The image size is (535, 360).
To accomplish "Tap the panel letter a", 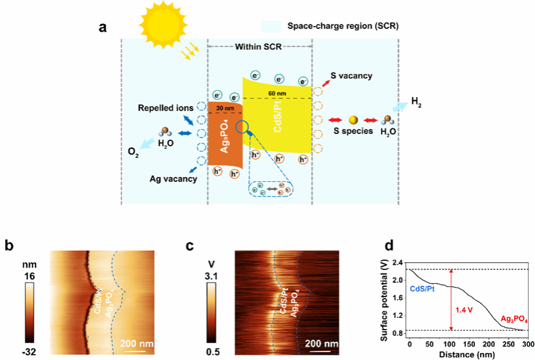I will pyautogui.click(x=102, y=27).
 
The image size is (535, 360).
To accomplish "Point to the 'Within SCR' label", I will pyautogui.click(x=258, y=47).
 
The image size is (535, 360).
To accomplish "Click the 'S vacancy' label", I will pyautogui.click(x=351, y=76).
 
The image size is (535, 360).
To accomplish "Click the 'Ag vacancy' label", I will pyautogui.click(x=172, y=179).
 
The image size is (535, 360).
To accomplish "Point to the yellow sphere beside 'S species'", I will pyautogui.click(x=353, y=120).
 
